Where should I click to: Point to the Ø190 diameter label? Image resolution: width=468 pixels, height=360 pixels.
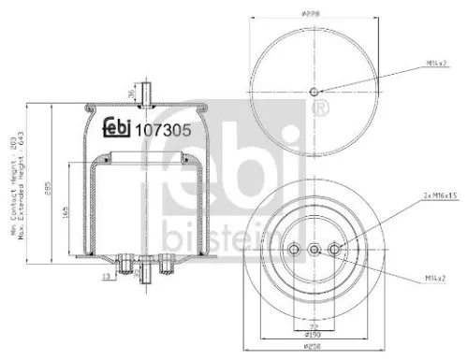click(x=314, y=333)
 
